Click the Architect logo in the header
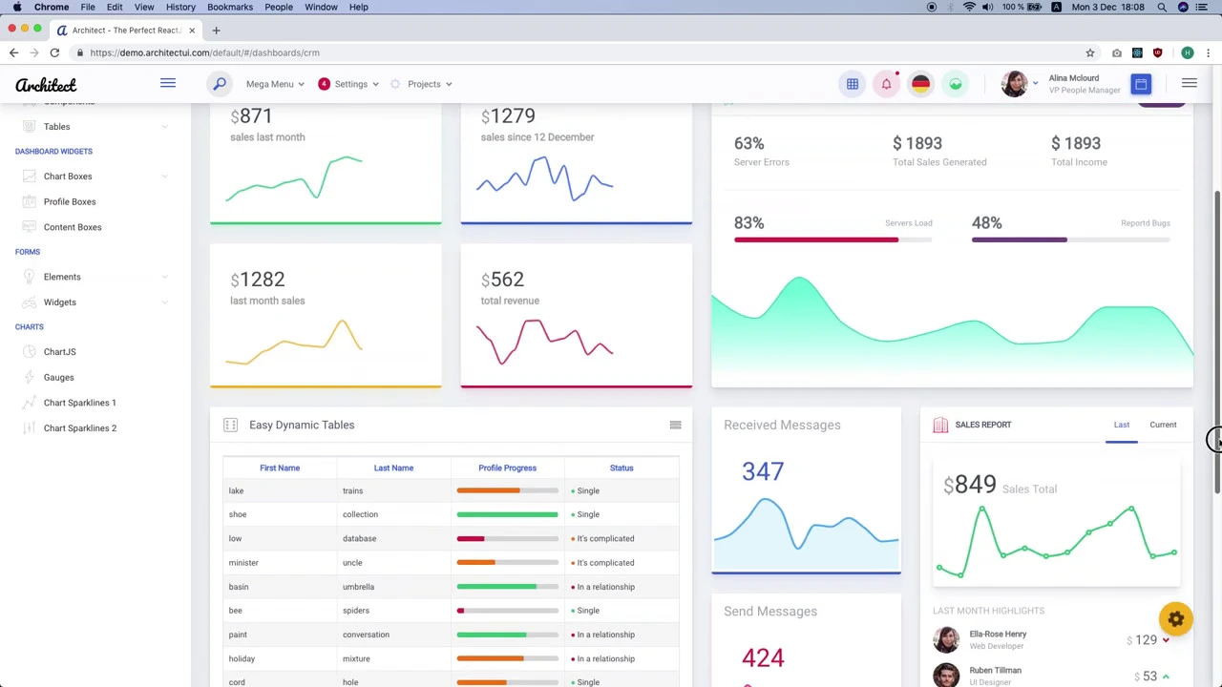tap(46, 85)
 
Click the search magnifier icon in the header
tap(220, 84)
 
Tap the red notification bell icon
tap(886, 84)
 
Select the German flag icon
tap(920, 84)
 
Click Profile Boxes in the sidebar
tap(70, 201)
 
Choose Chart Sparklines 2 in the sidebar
tap(80, 427)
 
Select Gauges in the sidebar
tap(58, 377)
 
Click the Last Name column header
tap(393, 468)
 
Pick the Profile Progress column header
tap(507, 468)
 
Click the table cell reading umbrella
tap(358, 587)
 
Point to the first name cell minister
tap(243, 563)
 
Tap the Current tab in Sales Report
tap(1163, 425)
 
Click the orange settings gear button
tap(1175, 619)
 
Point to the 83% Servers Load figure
tap(748, 223)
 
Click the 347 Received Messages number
tap(763, 471)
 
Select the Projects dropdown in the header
tap(424, 84)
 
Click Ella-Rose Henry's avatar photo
tap(946, 639)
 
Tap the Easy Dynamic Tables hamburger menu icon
tap(675, 425)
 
